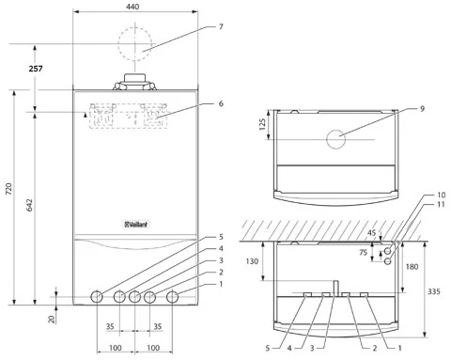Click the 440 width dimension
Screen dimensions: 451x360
[133, 7]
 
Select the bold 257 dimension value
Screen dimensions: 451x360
[36, 69]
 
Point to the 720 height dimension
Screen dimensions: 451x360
[9, 189]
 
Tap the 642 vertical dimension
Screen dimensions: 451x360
[29, 205]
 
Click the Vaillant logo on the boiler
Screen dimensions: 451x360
[135, 225]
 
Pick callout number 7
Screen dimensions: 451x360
[221, 27]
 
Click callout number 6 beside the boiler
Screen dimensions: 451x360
[221, 103]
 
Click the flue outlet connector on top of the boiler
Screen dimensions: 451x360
[134, 83]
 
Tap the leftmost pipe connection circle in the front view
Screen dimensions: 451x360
[97, 297]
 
